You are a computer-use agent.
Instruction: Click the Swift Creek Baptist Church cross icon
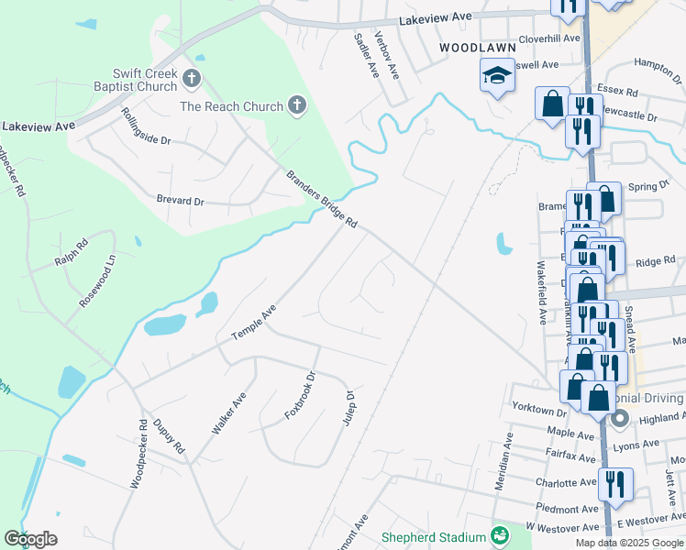tap(192, 79)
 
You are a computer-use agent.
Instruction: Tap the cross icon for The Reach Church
tap(296, 106)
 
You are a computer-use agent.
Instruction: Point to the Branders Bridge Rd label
tap(320, 201)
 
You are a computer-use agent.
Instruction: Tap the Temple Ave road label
tap(254, 324)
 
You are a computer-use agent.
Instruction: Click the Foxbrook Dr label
tap(299, 395)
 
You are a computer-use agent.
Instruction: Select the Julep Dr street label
tap(349, 408)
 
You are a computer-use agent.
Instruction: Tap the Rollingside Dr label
tap(147, 126)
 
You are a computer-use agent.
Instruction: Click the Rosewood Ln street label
tap(98, 280)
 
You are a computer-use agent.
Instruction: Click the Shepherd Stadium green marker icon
tap(500, 535)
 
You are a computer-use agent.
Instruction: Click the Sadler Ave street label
tap(366, 55)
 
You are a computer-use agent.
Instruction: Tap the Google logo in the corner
tap(30, 539)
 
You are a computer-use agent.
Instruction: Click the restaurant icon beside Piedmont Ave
tap(615, 483)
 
